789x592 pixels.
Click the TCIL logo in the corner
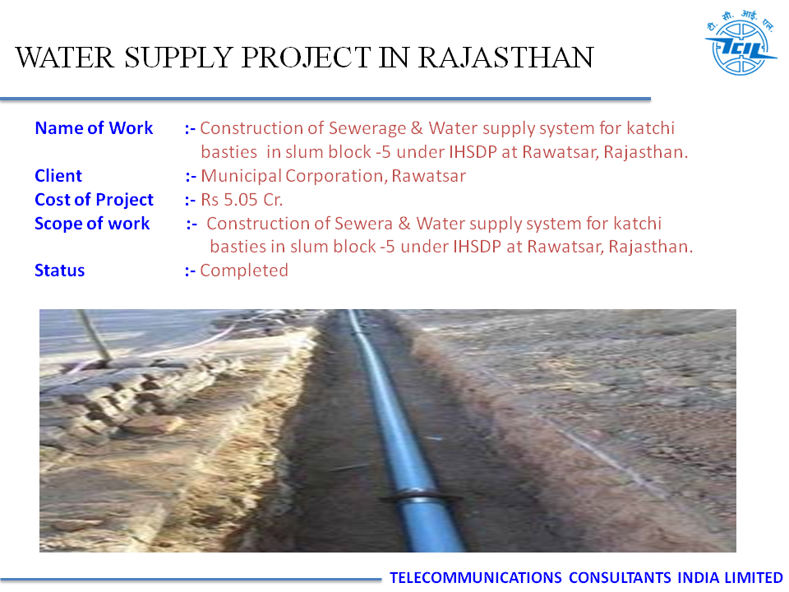pos(741,43)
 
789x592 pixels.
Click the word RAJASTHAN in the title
pos(506,58)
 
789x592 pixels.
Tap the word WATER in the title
pos(65,58)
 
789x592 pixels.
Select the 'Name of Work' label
pos(94,128)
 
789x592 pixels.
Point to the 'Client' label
pos(58,176)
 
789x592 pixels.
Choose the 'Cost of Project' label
pos(94,200)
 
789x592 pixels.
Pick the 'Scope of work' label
pos(92,224)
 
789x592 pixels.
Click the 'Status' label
pos(59,271)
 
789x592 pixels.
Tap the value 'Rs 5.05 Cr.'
pos(242,200)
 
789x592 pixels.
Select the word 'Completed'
pos(244,271)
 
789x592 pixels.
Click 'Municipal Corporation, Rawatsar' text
pos(333,176)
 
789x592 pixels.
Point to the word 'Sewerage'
pos(367,129)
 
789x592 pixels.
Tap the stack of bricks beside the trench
pos(121,398)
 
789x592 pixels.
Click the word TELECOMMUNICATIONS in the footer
pos(476,577)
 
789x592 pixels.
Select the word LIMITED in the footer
pos(754,577)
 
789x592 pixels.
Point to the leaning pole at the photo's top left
pos(95,335)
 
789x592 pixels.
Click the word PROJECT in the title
pos(307,58)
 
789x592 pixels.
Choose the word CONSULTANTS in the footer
pos(620,577)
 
